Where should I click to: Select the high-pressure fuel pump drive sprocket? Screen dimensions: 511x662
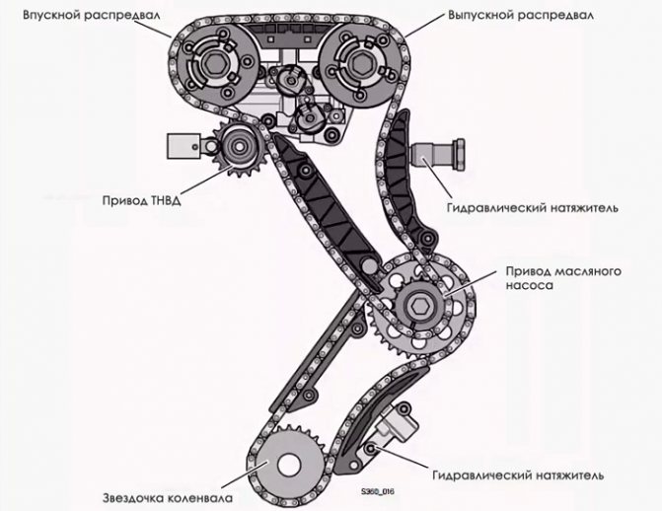click(234, 151)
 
